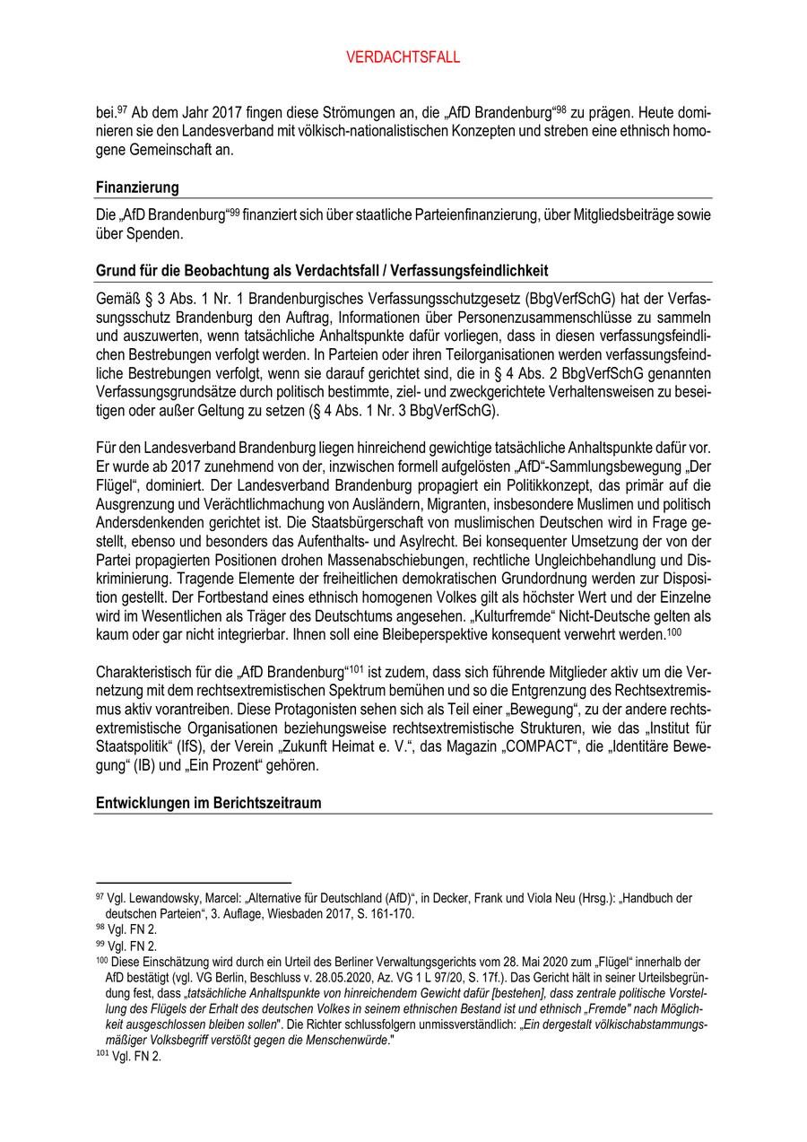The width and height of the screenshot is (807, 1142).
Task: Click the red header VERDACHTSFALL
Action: pos(403,57)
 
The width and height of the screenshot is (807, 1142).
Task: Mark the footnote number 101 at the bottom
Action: pos(100,1055)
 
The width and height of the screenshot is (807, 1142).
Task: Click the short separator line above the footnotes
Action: pos(193,883)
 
